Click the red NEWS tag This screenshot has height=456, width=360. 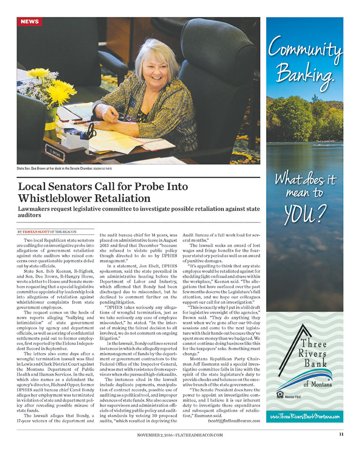(30, 22)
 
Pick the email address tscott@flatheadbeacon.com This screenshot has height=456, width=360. (233, 421)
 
